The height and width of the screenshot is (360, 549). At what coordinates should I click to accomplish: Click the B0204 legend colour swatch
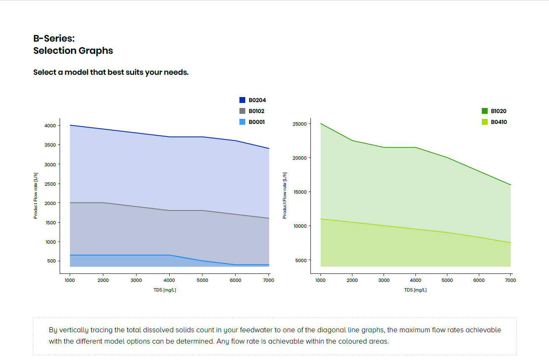242,100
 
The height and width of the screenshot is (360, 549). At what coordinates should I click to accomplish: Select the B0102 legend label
256,111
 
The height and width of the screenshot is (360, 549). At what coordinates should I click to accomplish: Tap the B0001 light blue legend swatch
242,122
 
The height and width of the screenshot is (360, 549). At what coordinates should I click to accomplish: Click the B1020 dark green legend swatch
485,111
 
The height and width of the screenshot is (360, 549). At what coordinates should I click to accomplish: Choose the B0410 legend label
499,122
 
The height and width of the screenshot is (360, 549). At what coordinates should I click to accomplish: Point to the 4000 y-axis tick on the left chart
50,126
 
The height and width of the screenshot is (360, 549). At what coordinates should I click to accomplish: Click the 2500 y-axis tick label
50,184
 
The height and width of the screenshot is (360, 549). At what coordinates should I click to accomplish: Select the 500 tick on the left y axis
52,261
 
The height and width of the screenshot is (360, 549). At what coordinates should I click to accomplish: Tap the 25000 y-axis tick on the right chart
299,124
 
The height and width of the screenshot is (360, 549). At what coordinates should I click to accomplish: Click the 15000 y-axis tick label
300,192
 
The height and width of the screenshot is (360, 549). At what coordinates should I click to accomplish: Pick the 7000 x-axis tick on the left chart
268,280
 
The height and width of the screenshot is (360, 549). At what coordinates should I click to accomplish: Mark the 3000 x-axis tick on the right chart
384,280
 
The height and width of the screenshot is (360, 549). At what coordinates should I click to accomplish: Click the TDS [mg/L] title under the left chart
165,290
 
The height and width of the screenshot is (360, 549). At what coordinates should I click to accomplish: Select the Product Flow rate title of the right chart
284,196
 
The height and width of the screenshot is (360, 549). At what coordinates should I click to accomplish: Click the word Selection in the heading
55,51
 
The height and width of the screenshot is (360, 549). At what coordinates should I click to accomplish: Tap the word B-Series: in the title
54,39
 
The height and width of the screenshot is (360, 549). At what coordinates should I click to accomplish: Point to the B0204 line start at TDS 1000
70,125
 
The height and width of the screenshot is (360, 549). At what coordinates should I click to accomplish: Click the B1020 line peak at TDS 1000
320,124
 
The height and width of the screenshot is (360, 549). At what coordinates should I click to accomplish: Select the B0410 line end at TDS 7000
511,243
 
